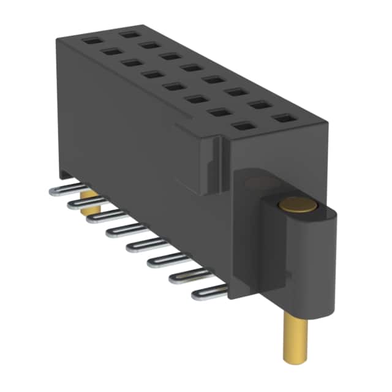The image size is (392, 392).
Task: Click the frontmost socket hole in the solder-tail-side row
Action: tap(243, 127)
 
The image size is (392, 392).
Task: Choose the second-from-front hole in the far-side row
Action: tap(259, 105)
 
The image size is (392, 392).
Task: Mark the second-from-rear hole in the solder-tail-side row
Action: tap(111, 52)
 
